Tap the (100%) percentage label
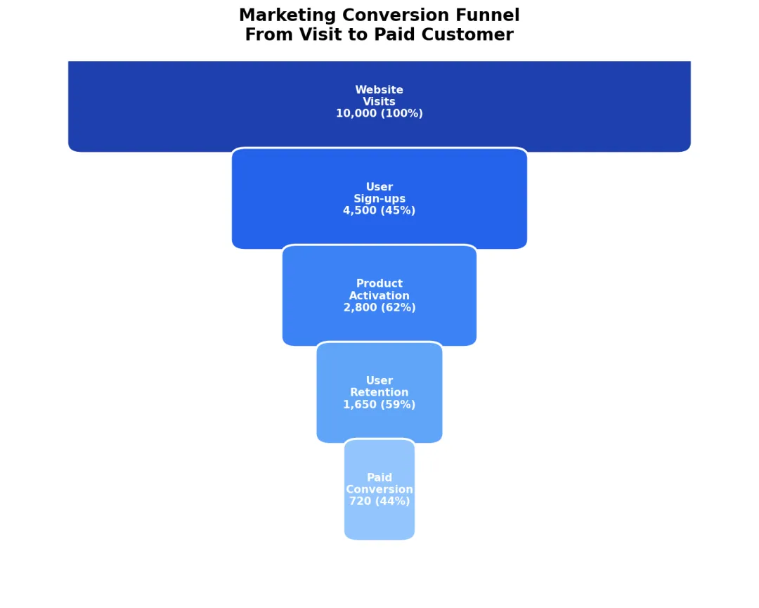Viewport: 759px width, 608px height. tap(402, 114)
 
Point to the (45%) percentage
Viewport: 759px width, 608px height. tap(398, 211)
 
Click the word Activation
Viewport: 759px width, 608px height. tap(379, 296)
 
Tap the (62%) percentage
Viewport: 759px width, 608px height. tap(399, 308)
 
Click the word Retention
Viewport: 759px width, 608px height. tap(379, 393)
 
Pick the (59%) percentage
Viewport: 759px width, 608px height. tap(398, 405)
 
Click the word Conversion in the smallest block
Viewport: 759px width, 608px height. tap(379, 490)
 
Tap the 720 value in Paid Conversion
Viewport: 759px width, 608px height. tap(361, 502)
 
